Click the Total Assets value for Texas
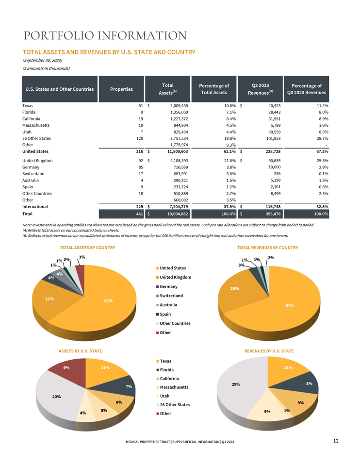179,105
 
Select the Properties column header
121,89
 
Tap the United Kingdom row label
37,161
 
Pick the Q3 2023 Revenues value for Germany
275,167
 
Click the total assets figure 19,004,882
178,214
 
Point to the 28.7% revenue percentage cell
322,138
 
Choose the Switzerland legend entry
170,296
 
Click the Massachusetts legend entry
172,387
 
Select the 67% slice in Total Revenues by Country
285,309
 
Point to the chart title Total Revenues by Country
268,248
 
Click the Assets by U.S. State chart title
80,351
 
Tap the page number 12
336,441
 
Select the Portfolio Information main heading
105,35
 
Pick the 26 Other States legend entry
173,405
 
